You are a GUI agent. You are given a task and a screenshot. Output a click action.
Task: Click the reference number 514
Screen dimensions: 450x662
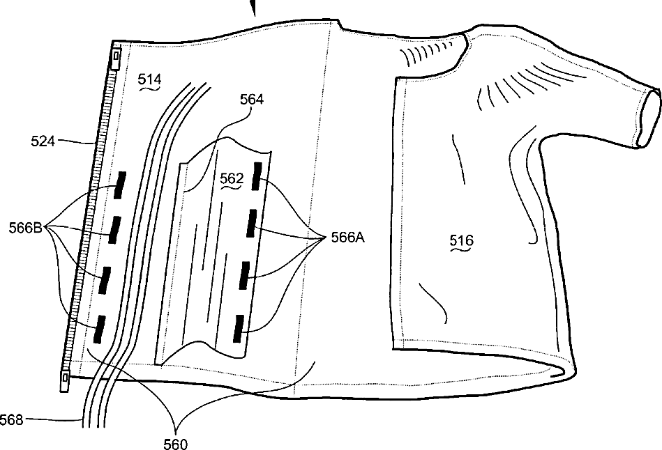coord(149,80)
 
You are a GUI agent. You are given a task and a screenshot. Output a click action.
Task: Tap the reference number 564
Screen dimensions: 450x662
coord(252,99)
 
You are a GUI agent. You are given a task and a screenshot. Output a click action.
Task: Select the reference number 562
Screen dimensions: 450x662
coord(231,178)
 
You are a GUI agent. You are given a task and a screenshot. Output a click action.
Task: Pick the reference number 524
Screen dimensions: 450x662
coord(43,142)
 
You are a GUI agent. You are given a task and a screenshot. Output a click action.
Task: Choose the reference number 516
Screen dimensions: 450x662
coord(461,241)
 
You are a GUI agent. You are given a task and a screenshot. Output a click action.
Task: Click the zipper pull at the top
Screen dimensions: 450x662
coord(116,54)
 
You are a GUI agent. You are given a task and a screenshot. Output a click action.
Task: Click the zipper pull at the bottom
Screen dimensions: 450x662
coord(65,378)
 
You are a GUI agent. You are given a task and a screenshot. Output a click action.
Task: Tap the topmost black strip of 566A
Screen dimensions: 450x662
coord(257,173)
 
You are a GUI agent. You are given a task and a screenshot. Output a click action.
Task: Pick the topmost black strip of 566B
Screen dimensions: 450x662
coord(120,184)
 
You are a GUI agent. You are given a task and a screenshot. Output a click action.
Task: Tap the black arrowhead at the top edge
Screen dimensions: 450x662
coord(253,7)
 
